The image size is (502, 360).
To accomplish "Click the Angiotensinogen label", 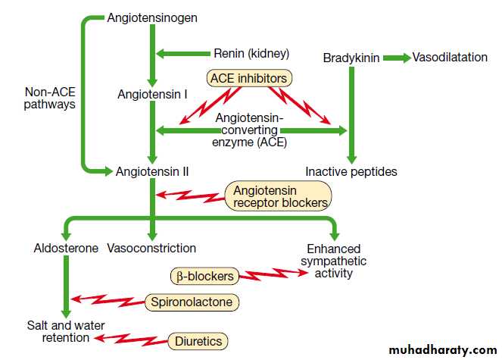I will tap(152, 17).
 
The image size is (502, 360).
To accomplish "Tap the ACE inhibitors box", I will tap(249, 77).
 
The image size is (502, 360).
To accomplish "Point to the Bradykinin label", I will tap(351, 58).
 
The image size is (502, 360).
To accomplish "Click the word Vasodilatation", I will tap(451, 58).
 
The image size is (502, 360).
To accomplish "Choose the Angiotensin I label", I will tap(152, 95).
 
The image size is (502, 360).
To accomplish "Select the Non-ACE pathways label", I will tap(50, 98).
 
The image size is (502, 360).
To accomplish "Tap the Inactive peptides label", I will tap(351, 171).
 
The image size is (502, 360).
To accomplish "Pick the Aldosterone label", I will tap(66, 248).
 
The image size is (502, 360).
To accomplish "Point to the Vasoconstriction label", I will tap(151, 248).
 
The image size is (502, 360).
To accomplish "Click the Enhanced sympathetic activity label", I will tap(333, 261).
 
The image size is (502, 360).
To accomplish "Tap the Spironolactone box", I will tap(192, 302).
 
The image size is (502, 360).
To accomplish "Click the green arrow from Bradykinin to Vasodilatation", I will tap(395, 58).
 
